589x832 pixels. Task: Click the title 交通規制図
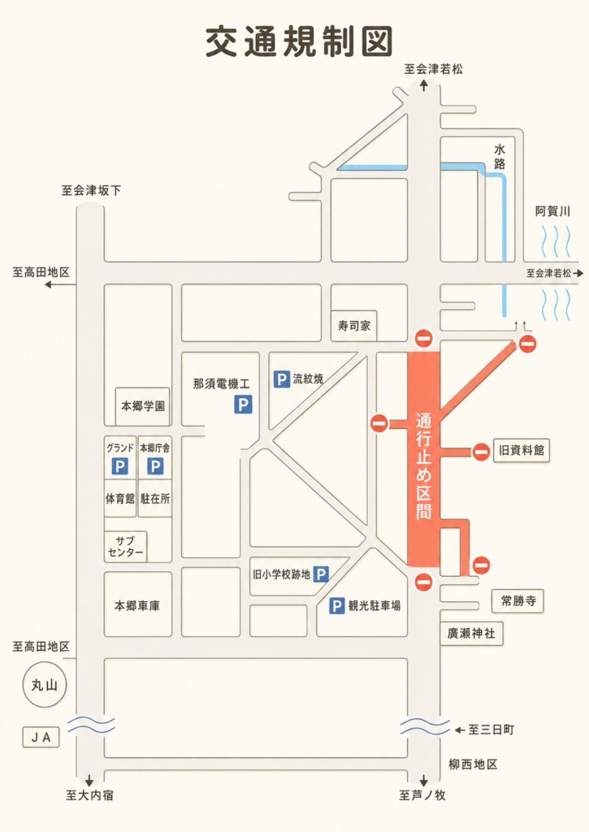pyautogui.click(x=299, y=41)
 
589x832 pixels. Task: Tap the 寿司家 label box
pyautogui.click(x=354, y=326)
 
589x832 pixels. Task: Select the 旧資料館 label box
pyautogui.click(x=521, y=450)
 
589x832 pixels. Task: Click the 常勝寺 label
pyautogui.click(x=518, y=600)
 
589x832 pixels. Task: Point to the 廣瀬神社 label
pyautogui.click(x=471, y=633)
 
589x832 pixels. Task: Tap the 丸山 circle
pyautogui.click(x=45, y=685)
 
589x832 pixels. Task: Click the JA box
pyautogui.click(x=41, y=737)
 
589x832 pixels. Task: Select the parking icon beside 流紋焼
pyautogui.click(x=281, y=379)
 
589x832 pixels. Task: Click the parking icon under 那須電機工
pyautogui.click(x=243, y=405)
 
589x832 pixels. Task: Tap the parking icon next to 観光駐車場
pyautogui.click(x=337, y=605)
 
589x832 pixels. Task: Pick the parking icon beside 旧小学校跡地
pyautogui.click(x=321, y=574)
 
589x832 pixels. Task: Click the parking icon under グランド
pyautogui.click(x=120, y=466)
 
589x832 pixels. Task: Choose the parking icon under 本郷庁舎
pyautogui.click(x=155, y=466)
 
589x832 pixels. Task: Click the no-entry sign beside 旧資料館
pyautogui.click(x=481, y=452)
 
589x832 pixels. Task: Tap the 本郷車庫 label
pyautogui.click(x=137, y=605)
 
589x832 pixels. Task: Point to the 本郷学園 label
pyautogui.click(x=143, y=406)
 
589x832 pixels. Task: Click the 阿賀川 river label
pyautogui.click(x=552, y=211)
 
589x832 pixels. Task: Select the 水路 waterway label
pyautogui.click(x=500, y=156)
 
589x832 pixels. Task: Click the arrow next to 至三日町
pyautogui.click(x=460, y=730)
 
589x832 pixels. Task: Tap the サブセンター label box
pyautogui.click(x=125, y=547)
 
